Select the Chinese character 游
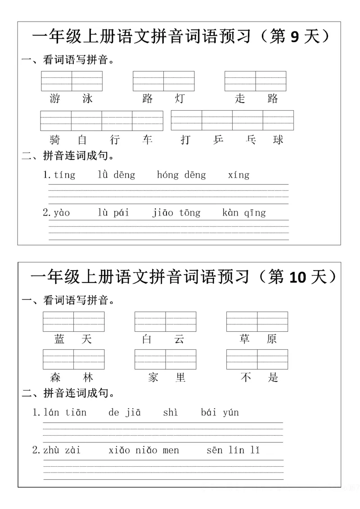coord(56,99)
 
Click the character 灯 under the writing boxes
coord(180,99)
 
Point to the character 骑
coord(56,140)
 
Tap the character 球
coord(278,140)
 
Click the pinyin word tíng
coord(64,175)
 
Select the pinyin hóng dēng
coord(181,175)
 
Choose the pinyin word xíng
coord(238,175)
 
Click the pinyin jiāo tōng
coord(176,213)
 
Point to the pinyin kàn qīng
coord(244,213)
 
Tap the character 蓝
coord(59,339)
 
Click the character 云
coord(180,339)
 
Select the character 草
coord(245,339)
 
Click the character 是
coord(273,377)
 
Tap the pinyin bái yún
coord(220,412)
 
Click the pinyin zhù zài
coord(62,450)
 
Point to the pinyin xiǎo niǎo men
coord(144,450)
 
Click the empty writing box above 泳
coord(87,81)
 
